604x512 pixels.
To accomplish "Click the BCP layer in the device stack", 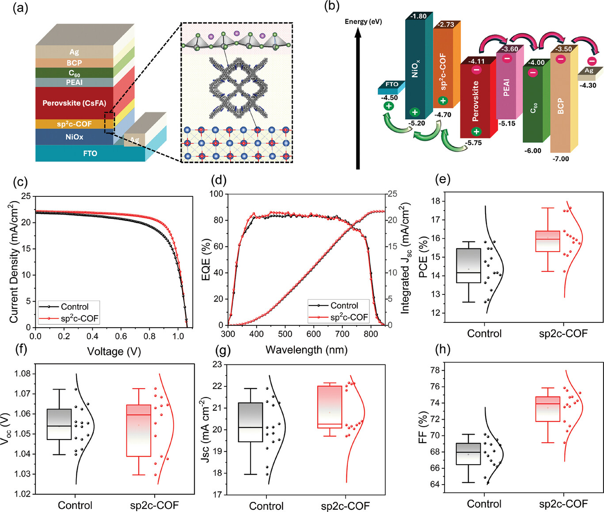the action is point(75,63).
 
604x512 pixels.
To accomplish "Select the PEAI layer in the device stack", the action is point(75,82).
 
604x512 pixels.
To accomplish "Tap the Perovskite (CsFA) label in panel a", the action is point(74,103).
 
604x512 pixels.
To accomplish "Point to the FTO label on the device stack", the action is point(90,153).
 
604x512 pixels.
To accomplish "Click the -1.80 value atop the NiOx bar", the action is point(418,16).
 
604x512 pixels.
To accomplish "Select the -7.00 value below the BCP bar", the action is point(560,159).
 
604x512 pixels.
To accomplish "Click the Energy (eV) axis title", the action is point(363,21).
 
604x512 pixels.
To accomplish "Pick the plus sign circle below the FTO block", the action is point(389,106).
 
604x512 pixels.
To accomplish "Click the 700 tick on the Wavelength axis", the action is point(342,334).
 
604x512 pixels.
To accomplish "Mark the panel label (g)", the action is point(223,350).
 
